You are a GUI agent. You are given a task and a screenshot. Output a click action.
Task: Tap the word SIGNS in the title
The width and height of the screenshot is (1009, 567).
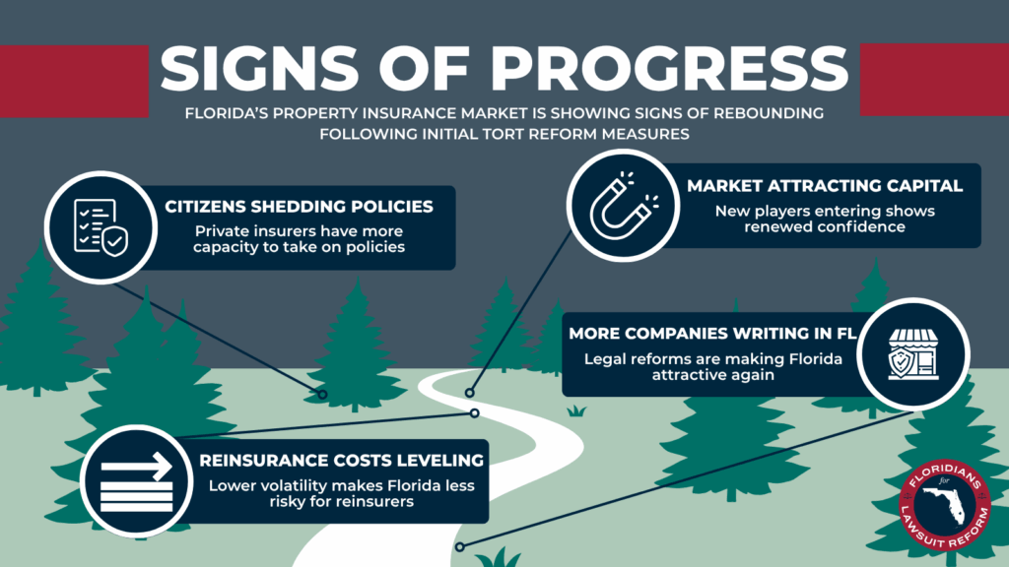tap(259, 68)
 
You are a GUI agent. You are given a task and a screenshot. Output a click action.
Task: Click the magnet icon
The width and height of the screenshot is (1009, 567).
tap(623, 205)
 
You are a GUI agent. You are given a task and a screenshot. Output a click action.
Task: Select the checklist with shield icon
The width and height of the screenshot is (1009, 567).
tap(101, 227)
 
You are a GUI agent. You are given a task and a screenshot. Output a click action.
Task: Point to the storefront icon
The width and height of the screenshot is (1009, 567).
tap(913, 354)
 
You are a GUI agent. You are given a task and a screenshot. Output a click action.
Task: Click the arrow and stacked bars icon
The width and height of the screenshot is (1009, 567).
tap(136, 481)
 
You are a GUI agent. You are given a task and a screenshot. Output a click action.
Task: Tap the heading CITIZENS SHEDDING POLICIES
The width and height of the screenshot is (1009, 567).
tap(299, 207)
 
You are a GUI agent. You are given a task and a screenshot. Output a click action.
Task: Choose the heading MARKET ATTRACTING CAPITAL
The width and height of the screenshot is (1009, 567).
tap(825, 186)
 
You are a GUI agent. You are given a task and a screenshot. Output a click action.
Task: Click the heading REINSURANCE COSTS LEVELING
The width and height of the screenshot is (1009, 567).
tap(341, 461)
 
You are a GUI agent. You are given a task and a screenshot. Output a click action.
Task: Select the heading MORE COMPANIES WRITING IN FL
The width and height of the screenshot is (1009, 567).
tap(712, 334)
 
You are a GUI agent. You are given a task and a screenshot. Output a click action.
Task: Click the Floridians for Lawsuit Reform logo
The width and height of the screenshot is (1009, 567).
tap(945, 505)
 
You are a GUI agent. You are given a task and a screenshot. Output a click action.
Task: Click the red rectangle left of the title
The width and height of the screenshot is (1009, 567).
tap(74, 81)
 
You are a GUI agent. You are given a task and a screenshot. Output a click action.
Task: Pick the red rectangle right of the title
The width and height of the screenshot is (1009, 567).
tap(934, 80)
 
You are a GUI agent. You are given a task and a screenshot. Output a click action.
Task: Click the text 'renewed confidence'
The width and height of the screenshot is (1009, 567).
tap(825, 227)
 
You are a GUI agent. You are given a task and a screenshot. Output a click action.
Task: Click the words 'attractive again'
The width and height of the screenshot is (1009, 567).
tap(713, 375)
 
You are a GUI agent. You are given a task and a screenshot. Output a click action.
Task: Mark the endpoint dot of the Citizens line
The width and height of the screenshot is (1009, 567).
tap(322, 394)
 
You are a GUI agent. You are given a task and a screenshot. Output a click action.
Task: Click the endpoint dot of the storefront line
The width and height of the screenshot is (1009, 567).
tap(459, 547)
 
